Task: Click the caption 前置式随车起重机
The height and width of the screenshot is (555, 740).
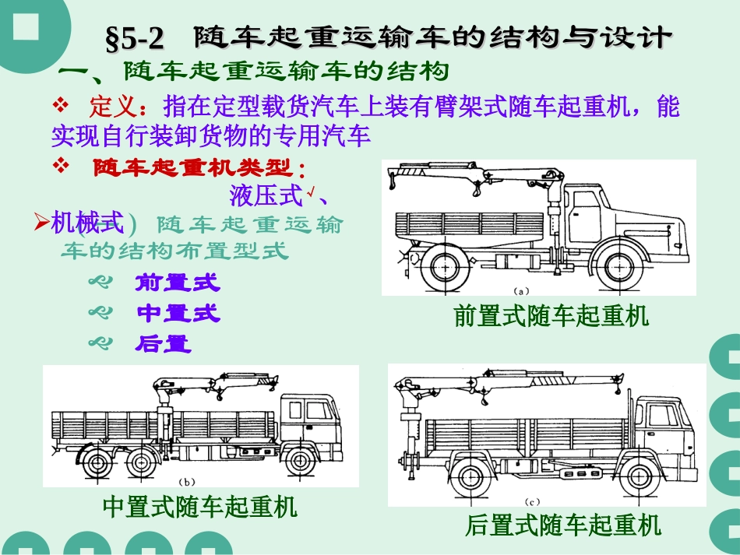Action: pyautogui.click(x=551, y=317)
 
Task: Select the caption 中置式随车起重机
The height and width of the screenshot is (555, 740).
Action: pyautogui.click(x=200, y=508)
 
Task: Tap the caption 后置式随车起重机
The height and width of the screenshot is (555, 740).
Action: pyautogui.click(x=562, y=525)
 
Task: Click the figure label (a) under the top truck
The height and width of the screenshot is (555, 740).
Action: pyautogui.click(x=521, y=290)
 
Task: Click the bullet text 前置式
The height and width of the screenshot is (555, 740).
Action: pyautogui.click(x=178, y=282)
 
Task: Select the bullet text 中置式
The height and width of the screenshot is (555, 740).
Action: pyautogui.click(x=178, y=314)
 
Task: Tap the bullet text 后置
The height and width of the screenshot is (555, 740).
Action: pyautogui.click(x=164, y=344)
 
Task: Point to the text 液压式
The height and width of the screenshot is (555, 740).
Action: pyautogui.click(x=266, y=195)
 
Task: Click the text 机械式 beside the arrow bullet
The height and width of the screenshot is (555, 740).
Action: pyautogui.click(x=87, y=224)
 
